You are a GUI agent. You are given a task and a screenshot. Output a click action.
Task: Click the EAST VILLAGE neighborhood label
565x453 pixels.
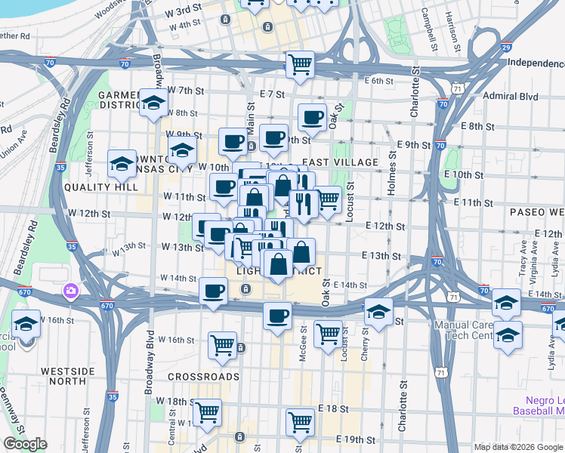[x=340, y=162]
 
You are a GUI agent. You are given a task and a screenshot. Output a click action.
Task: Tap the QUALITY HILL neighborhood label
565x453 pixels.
[x=93, y=186]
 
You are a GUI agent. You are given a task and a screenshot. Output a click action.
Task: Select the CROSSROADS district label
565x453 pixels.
[x=204, y=376]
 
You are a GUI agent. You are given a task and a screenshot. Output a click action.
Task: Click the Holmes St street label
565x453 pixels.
[x=391, y=174]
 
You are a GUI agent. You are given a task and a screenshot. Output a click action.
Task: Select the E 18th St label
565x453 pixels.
[x=332, y=408]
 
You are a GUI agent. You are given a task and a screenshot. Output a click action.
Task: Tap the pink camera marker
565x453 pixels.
[x=71, y=289]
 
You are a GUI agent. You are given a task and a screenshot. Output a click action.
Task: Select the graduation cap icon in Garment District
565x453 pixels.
[x=153, y=102]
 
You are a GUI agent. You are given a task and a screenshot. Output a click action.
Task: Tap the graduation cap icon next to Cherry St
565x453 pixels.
[x=378, y=310]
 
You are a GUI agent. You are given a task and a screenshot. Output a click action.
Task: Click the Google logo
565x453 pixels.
[x=25, y=444]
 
